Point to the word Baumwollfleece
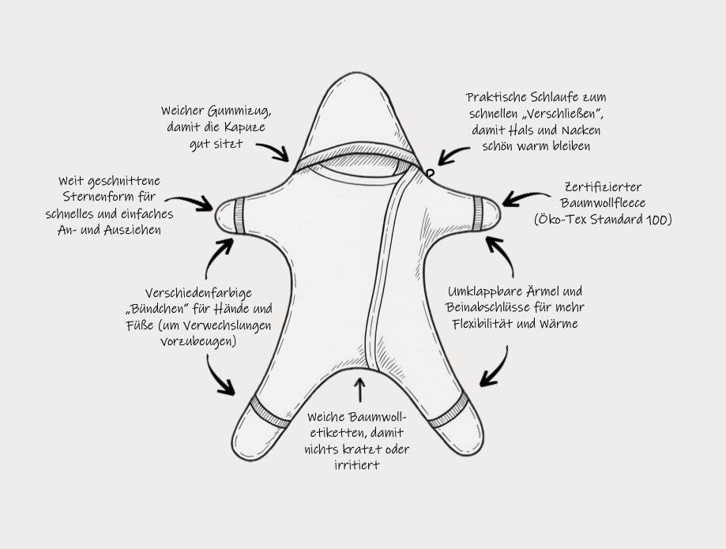[x=603, y=203]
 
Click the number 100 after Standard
[x=656, y=220]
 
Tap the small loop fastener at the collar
[x=430, y=171]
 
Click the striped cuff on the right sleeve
[x=479, y=212]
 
